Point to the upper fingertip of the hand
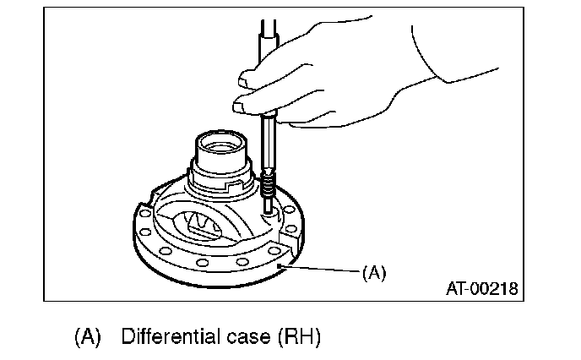(246, 79)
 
